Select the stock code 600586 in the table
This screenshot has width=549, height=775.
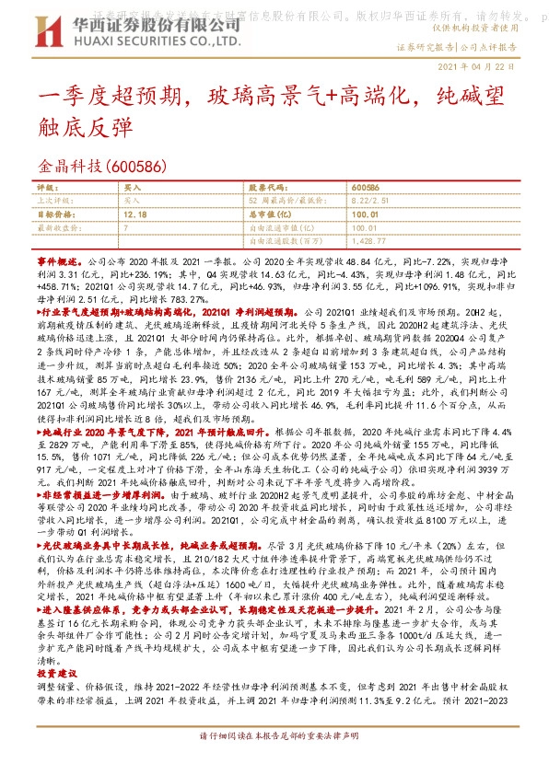pyautogui.click(x=365, y=186)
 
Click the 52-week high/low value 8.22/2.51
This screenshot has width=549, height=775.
pyautogui.click(x=371, y=200)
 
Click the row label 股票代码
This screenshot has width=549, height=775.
pyautogui.click(x=267, y=186)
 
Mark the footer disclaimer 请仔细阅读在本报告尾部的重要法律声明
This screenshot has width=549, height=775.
pyautogui.click(x=274, y=762)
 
